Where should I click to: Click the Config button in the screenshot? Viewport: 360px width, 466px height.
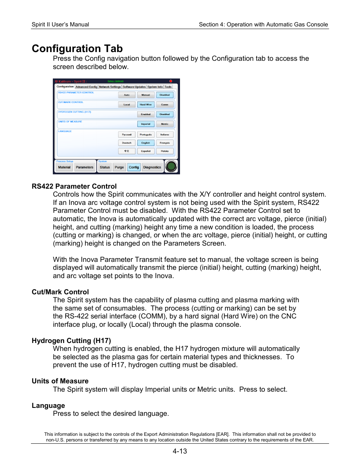pos(134,167)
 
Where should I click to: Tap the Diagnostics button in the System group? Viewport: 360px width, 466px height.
pos(152,167)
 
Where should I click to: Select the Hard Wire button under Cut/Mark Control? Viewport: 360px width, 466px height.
pos(146,105)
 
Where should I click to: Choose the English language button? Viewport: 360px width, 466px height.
pos(146,143)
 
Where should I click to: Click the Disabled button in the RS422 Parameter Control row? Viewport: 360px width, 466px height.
pos(165,95)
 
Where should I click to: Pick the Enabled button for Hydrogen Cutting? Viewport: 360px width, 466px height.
pos(146,114)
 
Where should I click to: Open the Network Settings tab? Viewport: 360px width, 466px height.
pos(110,87)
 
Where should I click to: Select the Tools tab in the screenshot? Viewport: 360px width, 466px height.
pos(168,87)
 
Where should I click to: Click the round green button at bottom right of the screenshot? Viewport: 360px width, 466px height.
pos(171,166)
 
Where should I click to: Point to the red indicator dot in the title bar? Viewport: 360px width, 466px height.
pos(171,81)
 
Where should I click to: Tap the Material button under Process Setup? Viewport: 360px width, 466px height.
pos(64,167)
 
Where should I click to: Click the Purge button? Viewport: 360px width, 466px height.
pos(119,167)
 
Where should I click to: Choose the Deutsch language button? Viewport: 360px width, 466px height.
pos(127,143)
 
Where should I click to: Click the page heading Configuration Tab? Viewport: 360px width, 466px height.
pos(77,49)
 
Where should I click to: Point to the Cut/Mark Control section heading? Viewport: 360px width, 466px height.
pos(60,292)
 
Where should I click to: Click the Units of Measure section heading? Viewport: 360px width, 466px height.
pos(60,381)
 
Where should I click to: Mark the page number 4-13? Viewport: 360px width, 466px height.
pos(180,451)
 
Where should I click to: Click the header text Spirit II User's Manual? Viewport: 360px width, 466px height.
pos(60,25)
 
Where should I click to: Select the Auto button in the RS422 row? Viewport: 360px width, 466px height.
pos(127,95)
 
